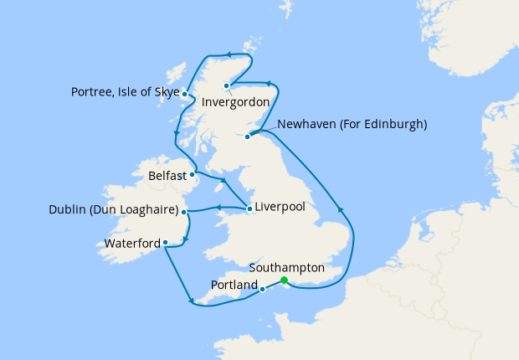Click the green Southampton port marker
click(x=284, y=280)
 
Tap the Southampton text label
click(x=287, y=267)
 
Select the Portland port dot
click(x=263, y=290)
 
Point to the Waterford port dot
click(x=166, y=243)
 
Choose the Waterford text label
click(x=132, y=244)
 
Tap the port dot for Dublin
click(x=184, y=212)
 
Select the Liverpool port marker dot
click(x=249, y=208)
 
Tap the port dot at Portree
click(x=184, y=95)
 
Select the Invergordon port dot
click(x=226, y=86)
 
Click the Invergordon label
click(x=236, y=101)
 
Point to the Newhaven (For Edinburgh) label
click(x=352, y=124)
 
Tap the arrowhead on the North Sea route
click(x=339, y=208)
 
